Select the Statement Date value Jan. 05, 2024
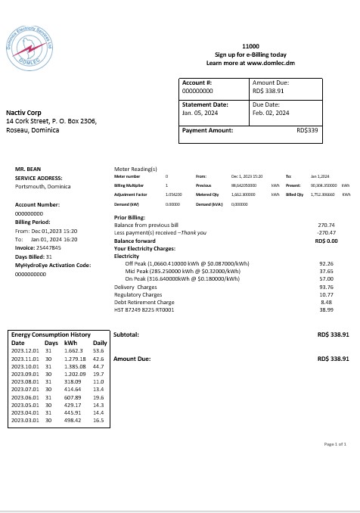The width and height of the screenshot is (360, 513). click(200, 113)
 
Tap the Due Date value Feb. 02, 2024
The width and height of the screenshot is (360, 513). click(271, 113)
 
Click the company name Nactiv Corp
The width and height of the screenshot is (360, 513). click(23, 112)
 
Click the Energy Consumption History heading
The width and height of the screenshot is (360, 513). click(51, 334)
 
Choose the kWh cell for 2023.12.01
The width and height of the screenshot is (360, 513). click(75, 350)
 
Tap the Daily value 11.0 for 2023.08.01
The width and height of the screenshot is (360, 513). click(98, 384)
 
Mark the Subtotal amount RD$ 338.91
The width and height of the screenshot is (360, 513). click(334, 334)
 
